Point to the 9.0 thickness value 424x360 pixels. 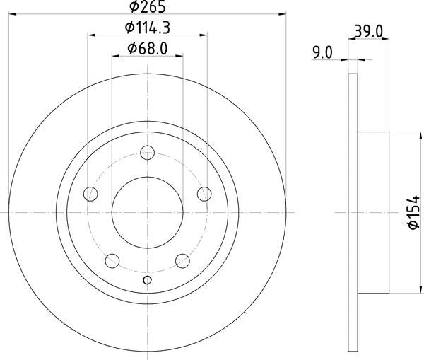322,51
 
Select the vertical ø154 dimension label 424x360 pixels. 410,212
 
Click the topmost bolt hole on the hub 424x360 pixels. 147,151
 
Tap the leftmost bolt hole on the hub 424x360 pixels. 90,193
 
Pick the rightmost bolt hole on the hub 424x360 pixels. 205,193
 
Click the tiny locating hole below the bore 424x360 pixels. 147,280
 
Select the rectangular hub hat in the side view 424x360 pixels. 374,212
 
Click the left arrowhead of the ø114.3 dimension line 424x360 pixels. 92,34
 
